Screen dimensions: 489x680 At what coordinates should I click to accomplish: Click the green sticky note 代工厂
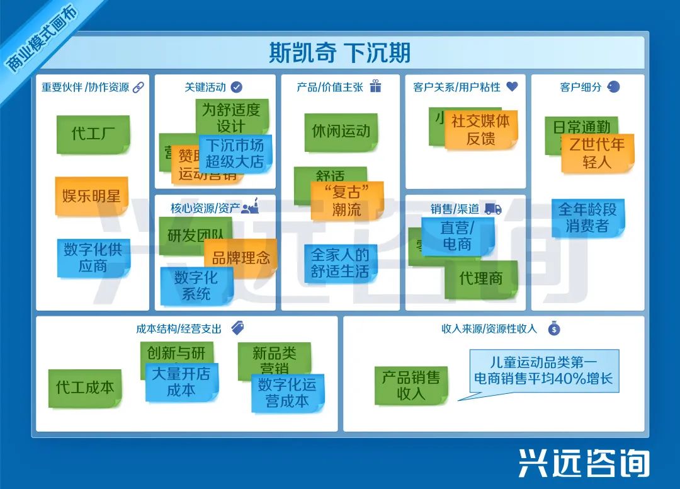(93, 134)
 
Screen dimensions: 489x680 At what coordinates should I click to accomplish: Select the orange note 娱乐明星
(91, 196)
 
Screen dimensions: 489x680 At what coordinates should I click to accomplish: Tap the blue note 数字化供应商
(93, 257)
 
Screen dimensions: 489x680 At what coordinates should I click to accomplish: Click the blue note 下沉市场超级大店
(235, 153)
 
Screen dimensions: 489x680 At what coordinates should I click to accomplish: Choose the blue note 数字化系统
(196, 285)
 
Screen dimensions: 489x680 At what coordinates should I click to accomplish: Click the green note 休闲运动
(341, 131)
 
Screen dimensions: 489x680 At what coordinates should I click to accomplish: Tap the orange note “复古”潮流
(346, 200)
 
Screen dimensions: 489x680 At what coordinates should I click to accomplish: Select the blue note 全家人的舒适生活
(340, 263)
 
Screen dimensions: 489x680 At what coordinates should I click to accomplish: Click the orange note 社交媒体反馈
(481, 130)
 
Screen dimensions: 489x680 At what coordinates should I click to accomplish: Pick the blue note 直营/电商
(457, 236)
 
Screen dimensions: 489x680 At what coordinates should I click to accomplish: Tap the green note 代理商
(481, 279)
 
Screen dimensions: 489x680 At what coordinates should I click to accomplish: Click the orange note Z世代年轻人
(597, 152)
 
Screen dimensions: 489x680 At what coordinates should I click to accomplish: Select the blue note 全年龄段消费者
(588, 217)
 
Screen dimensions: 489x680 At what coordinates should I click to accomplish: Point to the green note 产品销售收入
(411, 385)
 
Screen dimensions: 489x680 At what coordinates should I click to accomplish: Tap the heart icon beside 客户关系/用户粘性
(512, 86)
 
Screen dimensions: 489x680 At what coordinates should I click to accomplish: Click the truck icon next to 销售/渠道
(493, 209)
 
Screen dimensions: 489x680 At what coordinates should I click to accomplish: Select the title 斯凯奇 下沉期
(340, 52)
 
